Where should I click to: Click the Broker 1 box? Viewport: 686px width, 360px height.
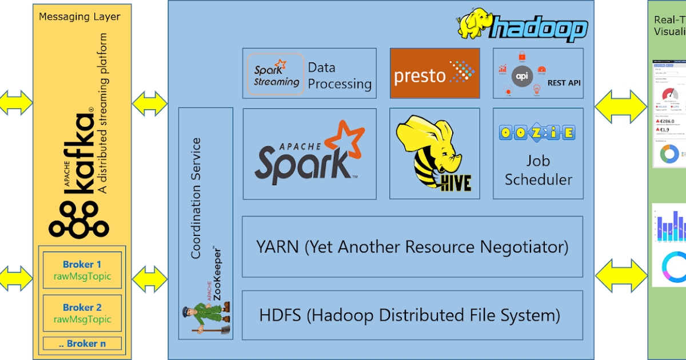click(x=82, y=270)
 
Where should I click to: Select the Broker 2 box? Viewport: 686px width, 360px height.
click(x=82, y=313)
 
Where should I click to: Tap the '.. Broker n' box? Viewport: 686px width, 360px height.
click(x=82, y=343)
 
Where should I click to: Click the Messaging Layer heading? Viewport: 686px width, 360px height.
click(x=79, y=17)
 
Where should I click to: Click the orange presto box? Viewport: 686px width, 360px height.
click(x=434, y=73)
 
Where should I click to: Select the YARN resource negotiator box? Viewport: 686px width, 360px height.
click(x=412, y=247)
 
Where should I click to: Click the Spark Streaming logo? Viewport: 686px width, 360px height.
click(x=276, y=73)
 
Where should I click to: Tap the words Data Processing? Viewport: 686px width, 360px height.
click(x=340, y=76)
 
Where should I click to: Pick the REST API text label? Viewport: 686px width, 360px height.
click(x=564, y=83)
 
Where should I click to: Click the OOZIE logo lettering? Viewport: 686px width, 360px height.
click(x=537, y=133)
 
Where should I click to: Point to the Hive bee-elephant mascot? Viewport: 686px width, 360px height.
click(x=433, y=151)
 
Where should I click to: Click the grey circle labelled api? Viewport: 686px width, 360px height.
click(x=521, y=75)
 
